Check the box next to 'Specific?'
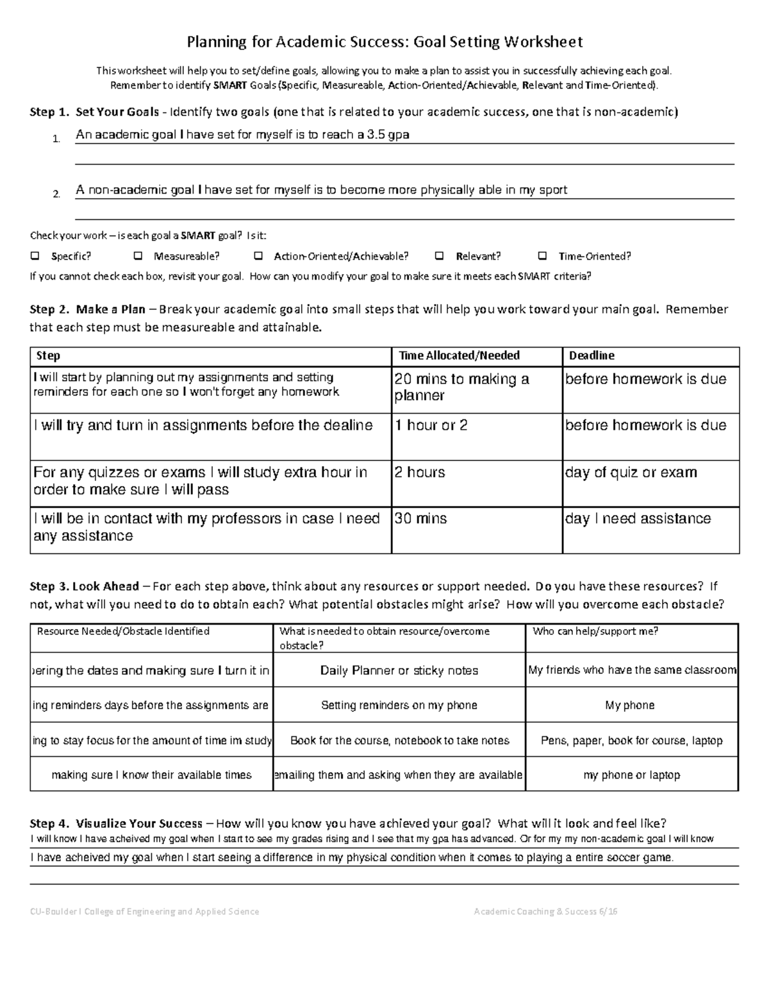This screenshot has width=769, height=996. [35, 257]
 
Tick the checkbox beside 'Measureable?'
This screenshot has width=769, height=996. [138, 257]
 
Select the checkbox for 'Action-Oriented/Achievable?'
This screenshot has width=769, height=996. [258, 257]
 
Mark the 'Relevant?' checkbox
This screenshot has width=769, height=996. [440, 257]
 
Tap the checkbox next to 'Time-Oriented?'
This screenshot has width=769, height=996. [543, 257]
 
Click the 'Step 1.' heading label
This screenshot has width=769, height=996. [49, 112]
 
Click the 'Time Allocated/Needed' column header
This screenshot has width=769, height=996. [459, 356]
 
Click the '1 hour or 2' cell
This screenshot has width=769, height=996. [431, 425]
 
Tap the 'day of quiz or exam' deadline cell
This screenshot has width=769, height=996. [631, 473]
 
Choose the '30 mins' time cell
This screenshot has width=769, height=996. [421, 519]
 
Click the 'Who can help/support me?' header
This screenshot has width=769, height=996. [595, 632]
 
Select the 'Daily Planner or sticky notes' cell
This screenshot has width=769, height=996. [399, 671]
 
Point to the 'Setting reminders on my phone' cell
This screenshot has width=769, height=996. [399, 705]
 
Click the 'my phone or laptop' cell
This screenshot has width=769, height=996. [631, 775]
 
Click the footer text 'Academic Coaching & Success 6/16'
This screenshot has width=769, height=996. [545, 912]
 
